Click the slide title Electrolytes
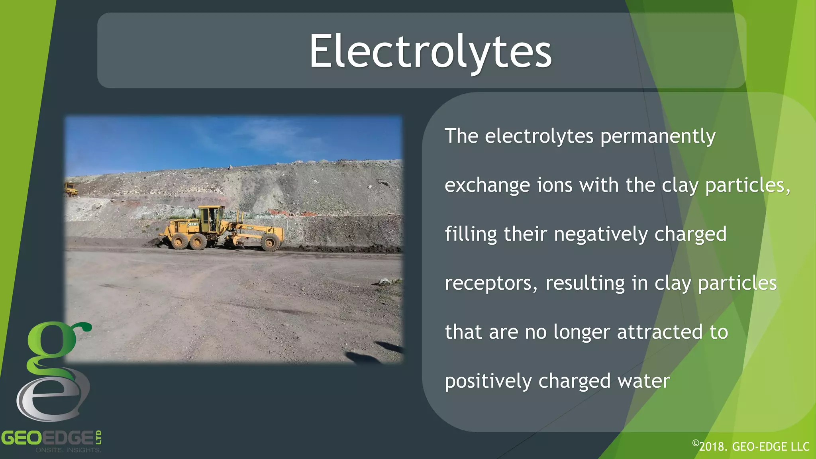(x=430, y=52)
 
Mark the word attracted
(x=659, y=332)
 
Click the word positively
(x=488, y=382)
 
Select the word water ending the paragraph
(x=643, y=381)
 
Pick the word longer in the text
(x=582, y=333)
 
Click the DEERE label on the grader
(x=192, y=224)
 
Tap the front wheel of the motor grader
(x=271, y=242)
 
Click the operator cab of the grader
(x=211, y=218)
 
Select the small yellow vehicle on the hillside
(x=71, y=189)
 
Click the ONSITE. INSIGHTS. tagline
(x=69, y=450)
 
